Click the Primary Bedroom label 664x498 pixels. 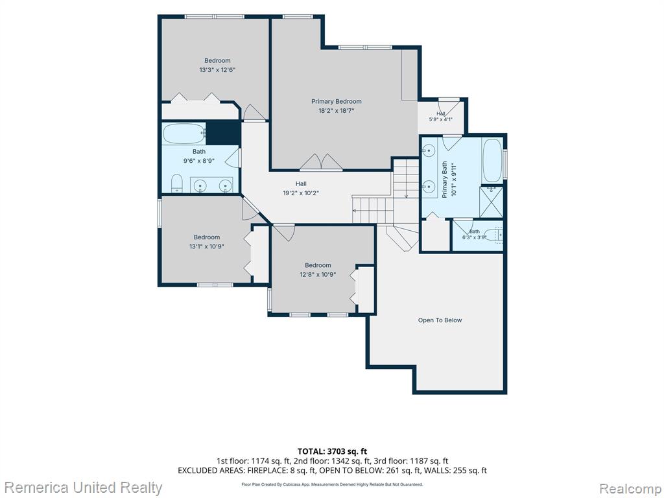pyautogui.click(x=337, y=102)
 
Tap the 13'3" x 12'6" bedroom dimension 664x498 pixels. pyautogui.click(x=217, y=70)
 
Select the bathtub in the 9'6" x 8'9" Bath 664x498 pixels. pyautogui.click(x=184, y=134)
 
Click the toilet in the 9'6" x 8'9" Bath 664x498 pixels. pyautogui.click(x=176, y=183)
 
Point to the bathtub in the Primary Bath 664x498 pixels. pyautogui.click(x=492, y=161)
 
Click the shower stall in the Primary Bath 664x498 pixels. pyautogui.click(x=492, y=202)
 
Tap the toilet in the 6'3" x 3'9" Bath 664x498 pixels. pyautogui.click(x=493, y=235)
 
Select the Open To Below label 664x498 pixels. pyautogui.click(x=440, y=320)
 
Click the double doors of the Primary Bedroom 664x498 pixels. pyautogui.click(x=322, y=162)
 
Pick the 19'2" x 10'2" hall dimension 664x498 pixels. pyautogui.click(x=301, y=193)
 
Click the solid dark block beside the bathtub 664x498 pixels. pyautogui.click(x=223, y=132)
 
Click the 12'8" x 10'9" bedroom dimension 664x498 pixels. pyautogui.click(x=318, y=274)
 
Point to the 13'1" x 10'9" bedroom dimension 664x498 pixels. pyautogui.click(x=207, y=246)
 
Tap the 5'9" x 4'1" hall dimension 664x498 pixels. pyautogui.click(x=441, y=119)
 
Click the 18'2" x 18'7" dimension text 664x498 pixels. pyautogui.click(x=337, y=111)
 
